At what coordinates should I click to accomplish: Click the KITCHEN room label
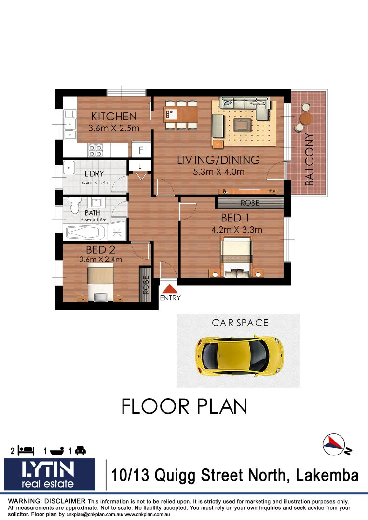114,117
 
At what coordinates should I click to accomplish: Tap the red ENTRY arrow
169,289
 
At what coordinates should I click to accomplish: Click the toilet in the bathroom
74,206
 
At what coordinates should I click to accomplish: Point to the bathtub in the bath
86,234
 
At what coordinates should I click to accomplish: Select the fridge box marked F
141,150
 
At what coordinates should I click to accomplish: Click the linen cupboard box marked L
140,166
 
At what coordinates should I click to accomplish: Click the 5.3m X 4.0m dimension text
218,172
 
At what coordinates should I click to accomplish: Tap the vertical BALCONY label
309,160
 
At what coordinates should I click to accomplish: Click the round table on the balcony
305,118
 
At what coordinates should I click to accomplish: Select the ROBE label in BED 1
249,203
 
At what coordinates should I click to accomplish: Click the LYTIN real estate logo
49,474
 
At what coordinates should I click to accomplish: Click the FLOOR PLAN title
184,406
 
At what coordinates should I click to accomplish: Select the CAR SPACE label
240,323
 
